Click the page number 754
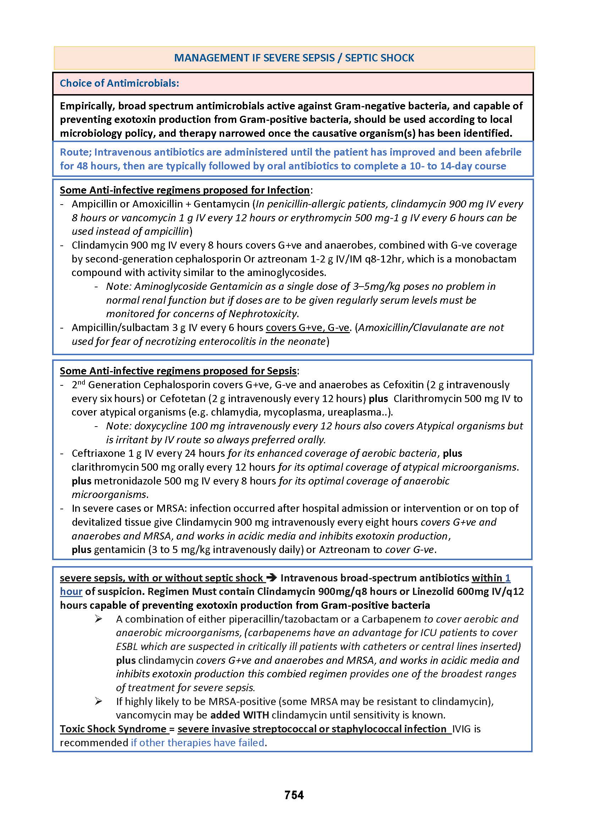tap(294, 795)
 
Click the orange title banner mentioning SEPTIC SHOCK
tap(294, 58)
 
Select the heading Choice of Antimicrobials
tap(119, 83)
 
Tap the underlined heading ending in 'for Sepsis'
tap(178, 371)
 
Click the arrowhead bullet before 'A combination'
tap(98, 619)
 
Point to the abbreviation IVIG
tap(461, 729)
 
